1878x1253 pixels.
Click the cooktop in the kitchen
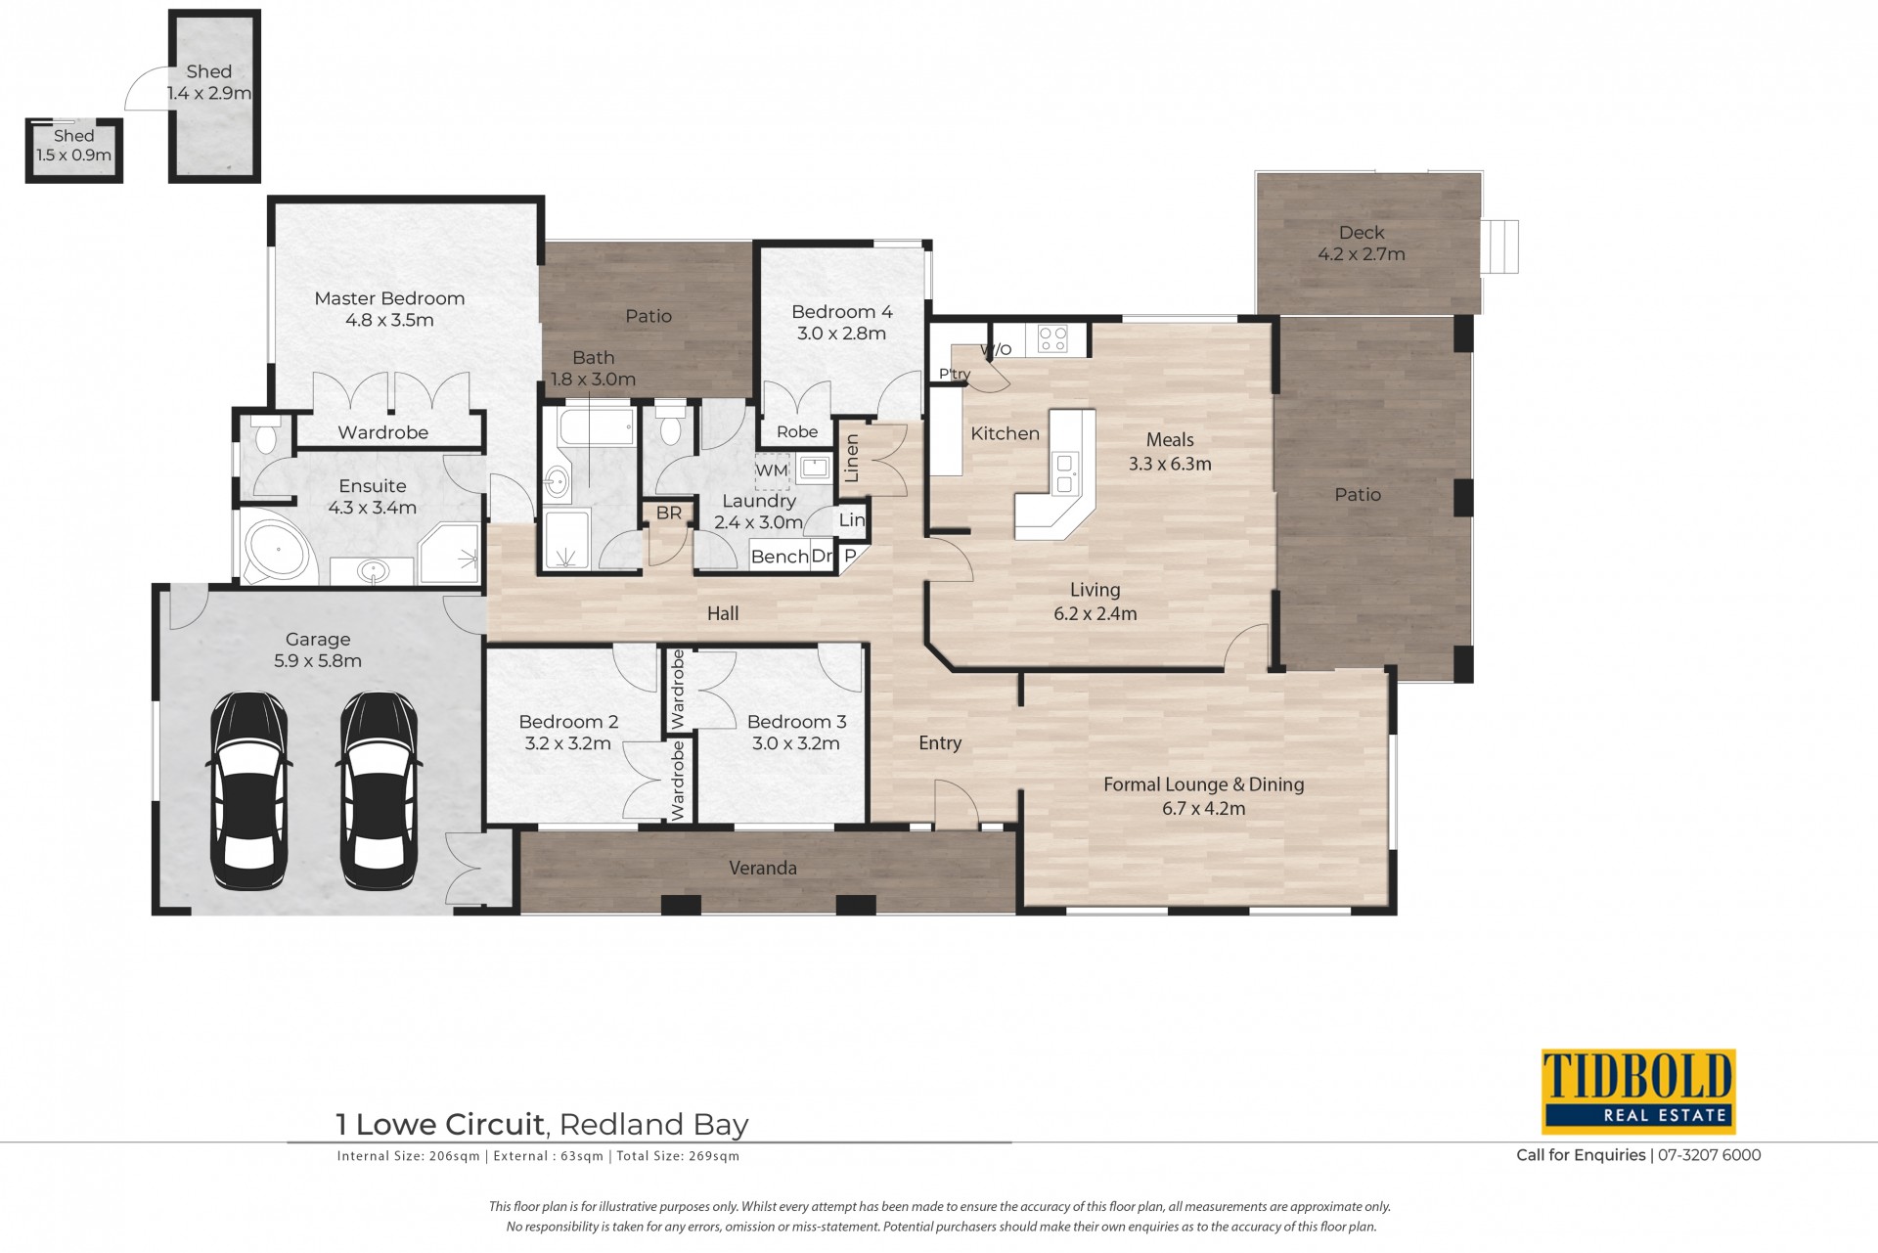[1053, 339]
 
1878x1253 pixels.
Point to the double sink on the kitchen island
[1065, 473]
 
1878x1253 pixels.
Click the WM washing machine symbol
[772, 470]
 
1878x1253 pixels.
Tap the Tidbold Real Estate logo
[1638, 1092]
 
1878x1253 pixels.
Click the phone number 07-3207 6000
[1709, 1155]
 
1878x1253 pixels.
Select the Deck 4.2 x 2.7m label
[1362, 244]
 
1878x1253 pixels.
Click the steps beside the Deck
[1499, 246]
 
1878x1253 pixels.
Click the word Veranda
[763, 868]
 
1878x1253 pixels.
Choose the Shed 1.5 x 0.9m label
[74, 146]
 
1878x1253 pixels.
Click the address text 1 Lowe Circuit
[440, 1125]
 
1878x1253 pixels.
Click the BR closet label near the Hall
[669, 514]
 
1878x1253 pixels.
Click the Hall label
[723, 613]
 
